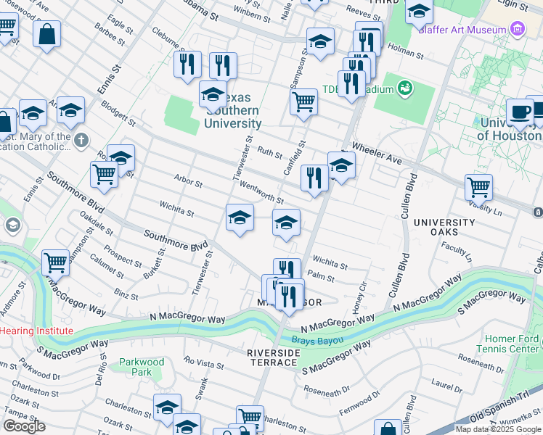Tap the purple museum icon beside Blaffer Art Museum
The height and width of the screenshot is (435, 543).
tap(517, 29)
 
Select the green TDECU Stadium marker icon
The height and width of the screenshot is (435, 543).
tap(404, 89)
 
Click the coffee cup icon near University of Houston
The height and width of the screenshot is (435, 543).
tap(519, 112)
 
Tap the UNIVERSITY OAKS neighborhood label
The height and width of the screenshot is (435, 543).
tap(446, 226)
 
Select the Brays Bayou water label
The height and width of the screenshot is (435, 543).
tap(317, 339)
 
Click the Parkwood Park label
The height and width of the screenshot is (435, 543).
tap(142, 367)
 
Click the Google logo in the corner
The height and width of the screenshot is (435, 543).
tap(24, 426)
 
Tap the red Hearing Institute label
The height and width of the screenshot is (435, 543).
tap(36, 331)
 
